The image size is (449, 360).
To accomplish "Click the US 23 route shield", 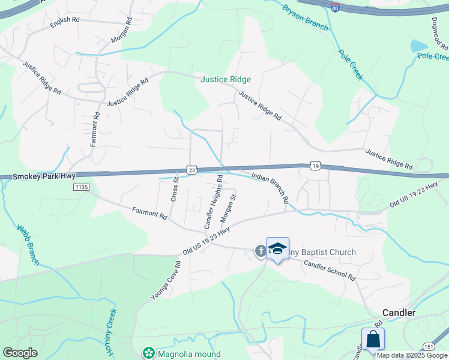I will click(191, 170).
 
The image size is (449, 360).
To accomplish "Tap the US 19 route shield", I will click(315, 165).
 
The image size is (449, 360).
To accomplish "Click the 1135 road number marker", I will click(81, 188).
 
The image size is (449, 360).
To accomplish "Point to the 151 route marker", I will click(428, 347).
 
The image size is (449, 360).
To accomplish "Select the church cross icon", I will click(261, 251).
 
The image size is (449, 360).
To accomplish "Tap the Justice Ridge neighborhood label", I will click(226, 79).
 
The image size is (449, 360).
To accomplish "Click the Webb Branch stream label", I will click(28, 245).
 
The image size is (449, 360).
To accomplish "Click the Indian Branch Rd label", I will click(270, 188).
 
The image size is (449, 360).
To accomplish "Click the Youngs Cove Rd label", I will click(166, 280).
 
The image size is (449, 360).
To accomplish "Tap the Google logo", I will click(20, 353).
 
